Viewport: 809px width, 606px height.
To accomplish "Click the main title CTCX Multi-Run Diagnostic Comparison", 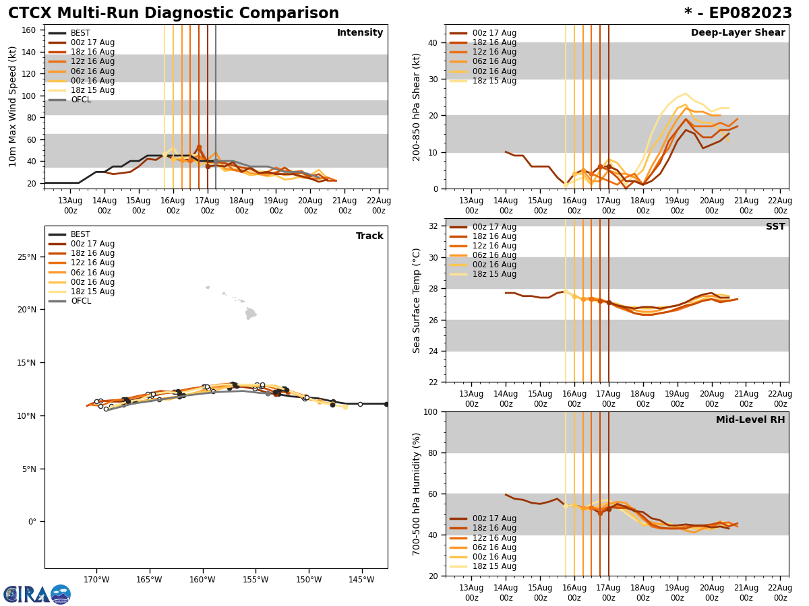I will point(173,13).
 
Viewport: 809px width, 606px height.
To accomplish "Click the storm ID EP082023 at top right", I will point(738,13).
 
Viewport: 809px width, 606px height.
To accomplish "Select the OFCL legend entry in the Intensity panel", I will point(80,100).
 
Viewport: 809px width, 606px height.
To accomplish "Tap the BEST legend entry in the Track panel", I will point(80,234).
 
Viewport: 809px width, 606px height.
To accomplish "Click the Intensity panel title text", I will point(360,33).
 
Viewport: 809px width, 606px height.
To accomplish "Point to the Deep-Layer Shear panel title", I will point(738,33).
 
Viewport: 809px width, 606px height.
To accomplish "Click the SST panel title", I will point(775,227).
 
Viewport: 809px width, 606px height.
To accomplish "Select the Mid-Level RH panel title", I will point(750,420).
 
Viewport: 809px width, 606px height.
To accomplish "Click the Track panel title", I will point(369,236).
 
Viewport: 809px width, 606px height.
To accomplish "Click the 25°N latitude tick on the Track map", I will point(27,257).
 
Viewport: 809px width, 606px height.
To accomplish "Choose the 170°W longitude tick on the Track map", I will point(96,580).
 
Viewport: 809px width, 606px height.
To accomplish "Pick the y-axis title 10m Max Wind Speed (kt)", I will point(13,106).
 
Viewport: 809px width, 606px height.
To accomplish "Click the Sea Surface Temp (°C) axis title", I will point(417,300).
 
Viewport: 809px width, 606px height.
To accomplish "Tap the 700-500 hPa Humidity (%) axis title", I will point(417,494).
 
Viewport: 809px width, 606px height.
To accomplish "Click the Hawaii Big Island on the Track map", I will point(250,314).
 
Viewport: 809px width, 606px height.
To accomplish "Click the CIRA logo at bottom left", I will point(36,594).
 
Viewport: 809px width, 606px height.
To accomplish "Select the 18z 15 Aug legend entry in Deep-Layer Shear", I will point(495,81).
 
